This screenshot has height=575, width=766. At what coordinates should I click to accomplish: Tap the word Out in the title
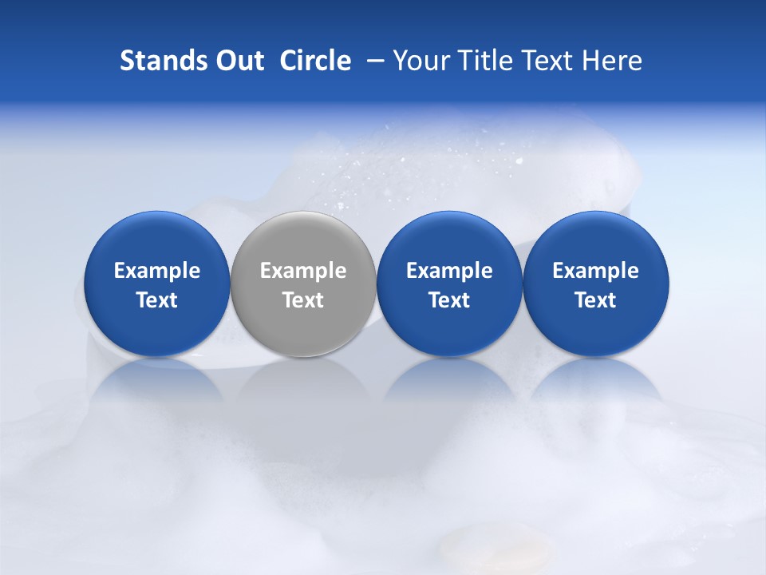tap(238, 61)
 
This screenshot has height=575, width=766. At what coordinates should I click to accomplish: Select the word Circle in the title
tap(315, 61)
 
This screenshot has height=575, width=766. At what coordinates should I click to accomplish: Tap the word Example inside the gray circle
tap(303, 271)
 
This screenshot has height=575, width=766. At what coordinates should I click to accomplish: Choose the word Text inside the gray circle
tap(303, 300)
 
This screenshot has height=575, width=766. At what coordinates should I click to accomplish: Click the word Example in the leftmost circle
tap(156, 271)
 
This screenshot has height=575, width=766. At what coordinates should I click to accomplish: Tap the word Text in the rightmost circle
tap(595, 300)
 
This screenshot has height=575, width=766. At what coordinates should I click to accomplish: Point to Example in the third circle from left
tap(449, 271)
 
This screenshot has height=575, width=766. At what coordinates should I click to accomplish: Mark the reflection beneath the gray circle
tap(303, 383)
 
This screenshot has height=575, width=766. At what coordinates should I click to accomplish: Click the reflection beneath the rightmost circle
tap(595, 383)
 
